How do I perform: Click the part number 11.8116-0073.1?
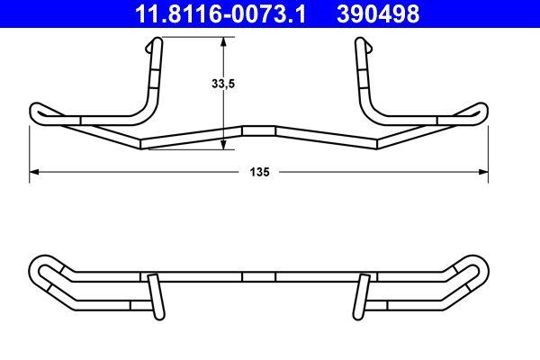click(216, 13)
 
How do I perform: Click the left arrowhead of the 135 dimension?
click(35, 171)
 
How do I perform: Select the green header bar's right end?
click(531, 13)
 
